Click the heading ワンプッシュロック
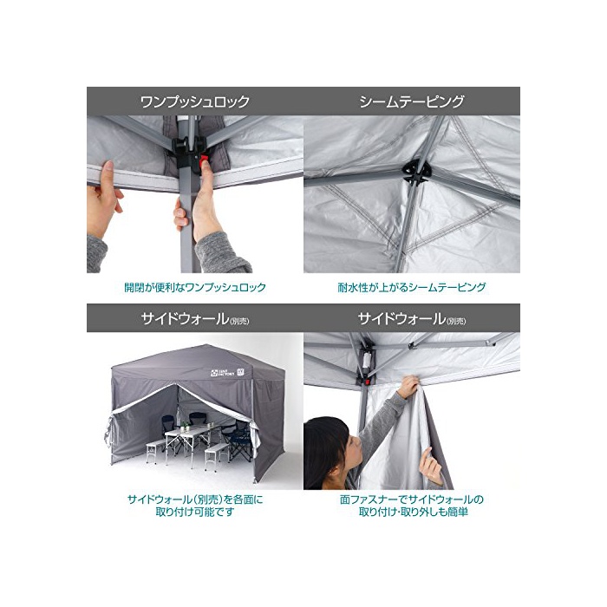195,101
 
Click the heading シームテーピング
412,101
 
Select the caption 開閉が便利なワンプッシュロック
195,287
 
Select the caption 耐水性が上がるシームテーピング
412,287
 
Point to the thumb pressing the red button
206,174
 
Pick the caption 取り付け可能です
195,512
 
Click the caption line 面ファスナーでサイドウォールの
412,499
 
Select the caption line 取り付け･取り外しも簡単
413,512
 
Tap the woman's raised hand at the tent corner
409,387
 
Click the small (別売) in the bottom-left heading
239,322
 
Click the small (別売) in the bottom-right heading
456,322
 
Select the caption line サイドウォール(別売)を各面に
195,499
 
